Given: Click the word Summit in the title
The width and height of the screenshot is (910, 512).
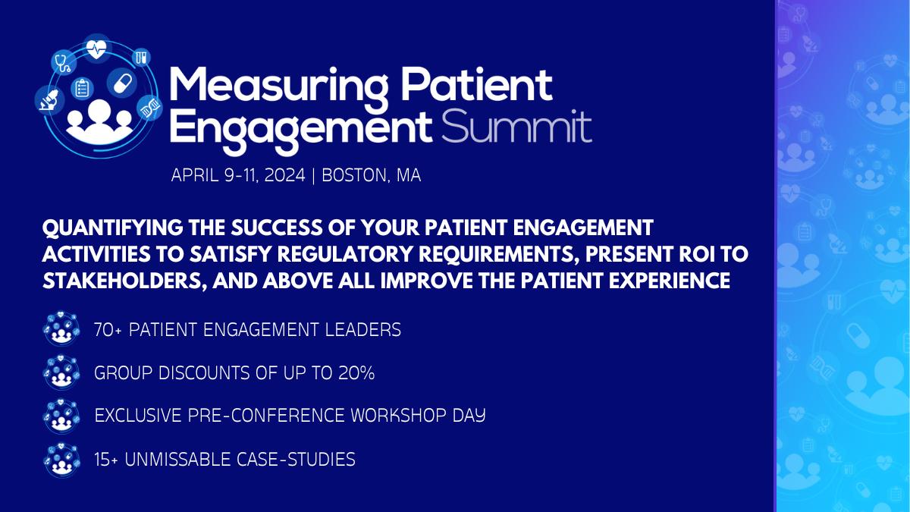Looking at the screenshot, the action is pos(516,127).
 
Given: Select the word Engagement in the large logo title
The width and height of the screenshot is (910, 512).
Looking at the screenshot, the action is pos(300,129).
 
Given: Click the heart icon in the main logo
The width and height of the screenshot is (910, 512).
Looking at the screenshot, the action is pos(97,49).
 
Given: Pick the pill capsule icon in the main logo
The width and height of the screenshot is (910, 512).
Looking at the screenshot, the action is pos(122,83).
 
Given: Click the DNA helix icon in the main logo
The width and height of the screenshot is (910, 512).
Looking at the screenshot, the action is pos(149,108).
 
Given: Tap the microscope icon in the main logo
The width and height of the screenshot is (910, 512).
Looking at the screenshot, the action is pos(49,100).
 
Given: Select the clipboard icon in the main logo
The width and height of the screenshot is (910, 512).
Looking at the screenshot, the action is pos(82,88).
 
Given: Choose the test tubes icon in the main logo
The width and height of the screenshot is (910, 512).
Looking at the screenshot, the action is pos(141,56).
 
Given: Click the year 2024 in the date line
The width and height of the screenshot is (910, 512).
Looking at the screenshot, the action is pos(285,175).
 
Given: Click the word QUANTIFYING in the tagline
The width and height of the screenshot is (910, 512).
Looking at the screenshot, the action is pos(112,228).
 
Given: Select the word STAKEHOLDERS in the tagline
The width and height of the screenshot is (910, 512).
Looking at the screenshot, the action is pos(123,281).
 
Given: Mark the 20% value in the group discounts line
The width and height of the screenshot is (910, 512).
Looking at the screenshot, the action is pos(356,373).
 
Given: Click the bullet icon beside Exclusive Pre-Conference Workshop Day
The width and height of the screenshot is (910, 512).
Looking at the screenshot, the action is pos(61,416).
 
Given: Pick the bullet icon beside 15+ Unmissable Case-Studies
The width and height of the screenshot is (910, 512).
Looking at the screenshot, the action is pos(61,460).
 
